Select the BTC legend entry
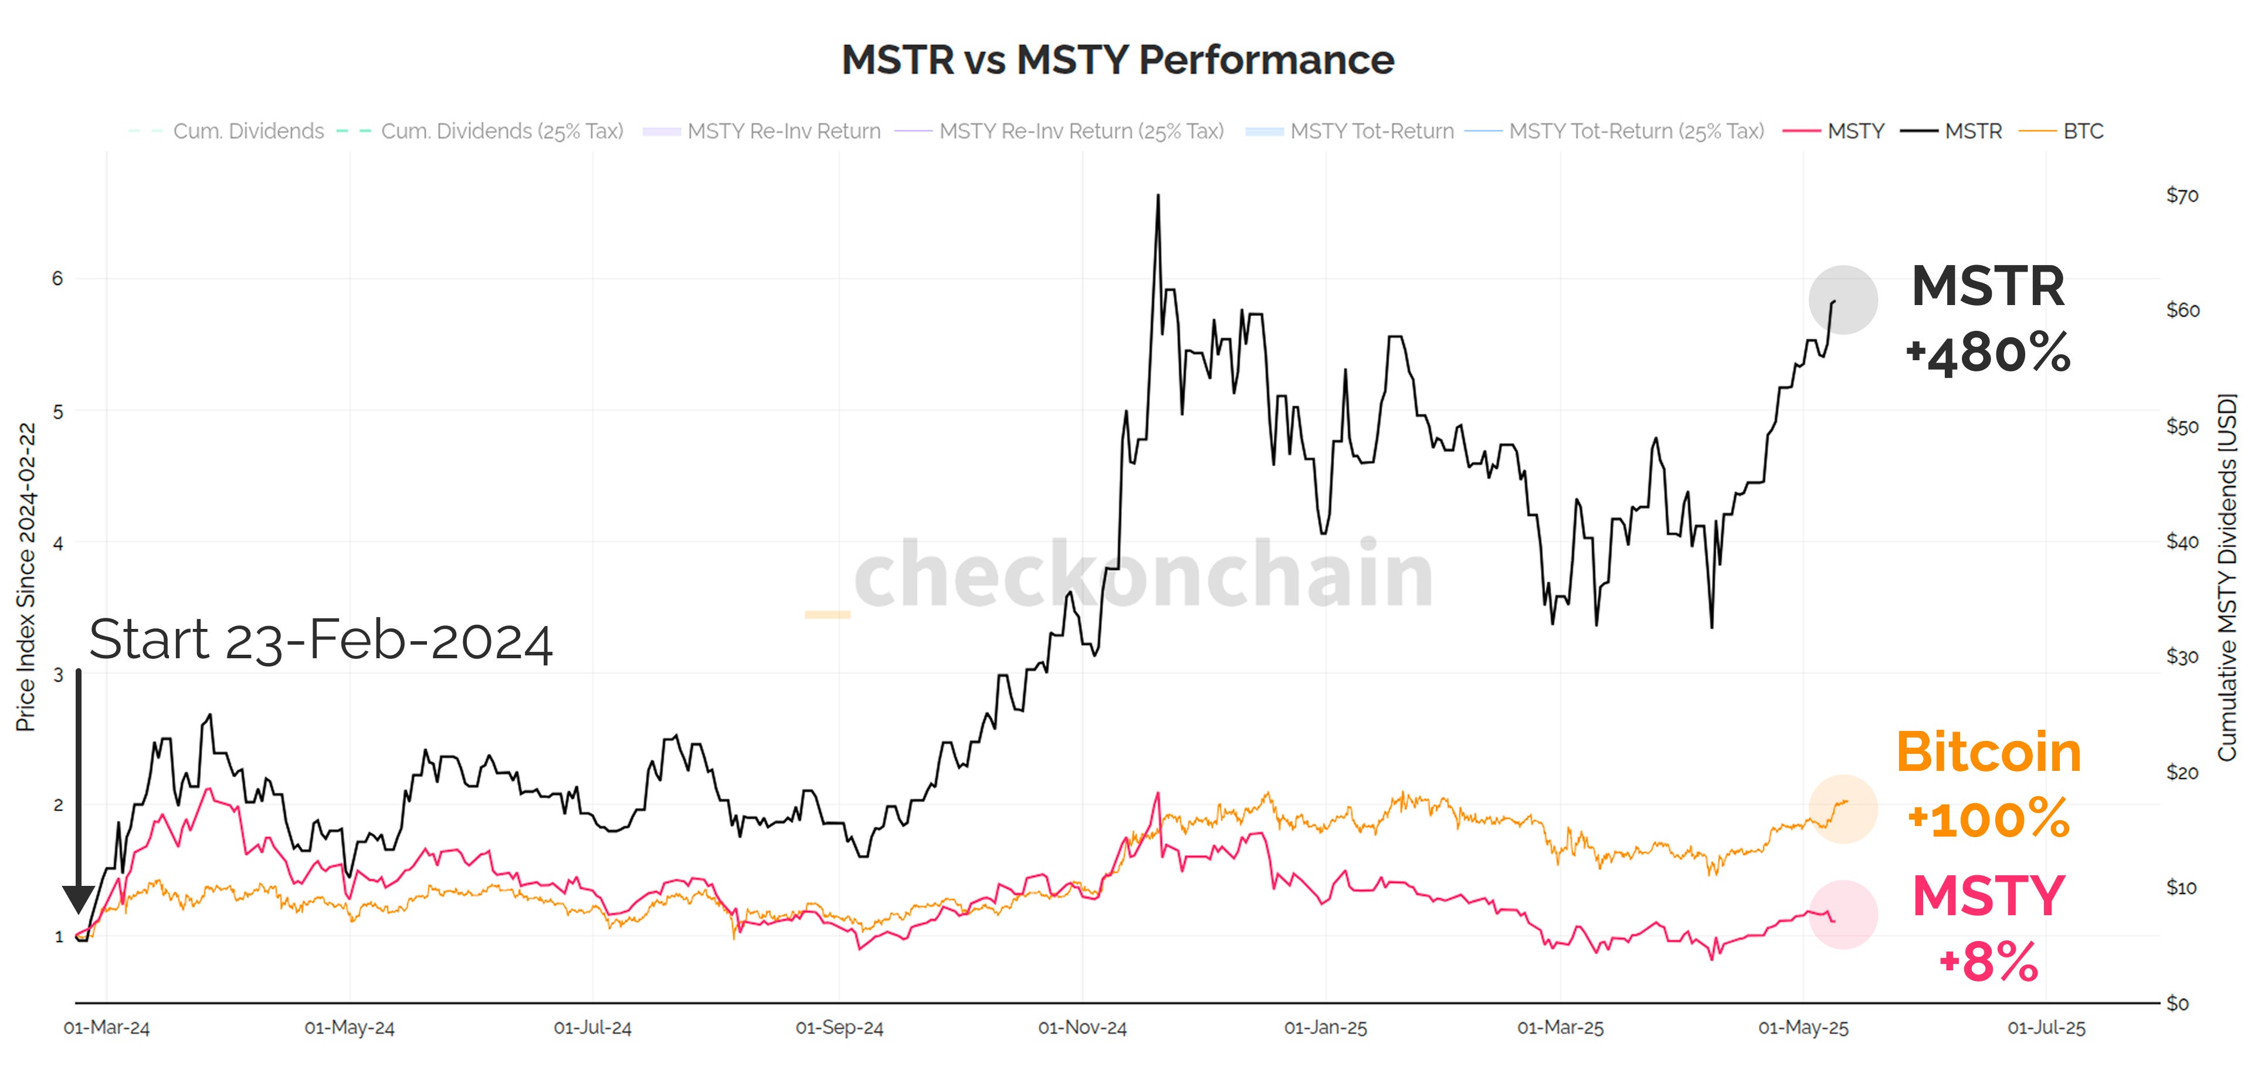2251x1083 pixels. (x=2082, y=131)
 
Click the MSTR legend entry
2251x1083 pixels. (x=1972, y=131)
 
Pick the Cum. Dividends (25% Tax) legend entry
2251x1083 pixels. (x=501, y=131)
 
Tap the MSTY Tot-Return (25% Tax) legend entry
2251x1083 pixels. (x=1636, y=131)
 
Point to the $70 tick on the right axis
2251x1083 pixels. (x=2182, y=195)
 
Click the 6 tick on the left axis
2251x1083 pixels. (x=57, y=278)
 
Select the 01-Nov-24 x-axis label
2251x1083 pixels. (x=1082, y=1028)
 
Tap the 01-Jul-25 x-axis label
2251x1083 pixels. (x=2046, y=1028)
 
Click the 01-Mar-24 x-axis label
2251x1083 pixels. (x=107, y=1028)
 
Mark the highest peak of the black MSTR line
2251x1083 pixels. (x=1159, y=196)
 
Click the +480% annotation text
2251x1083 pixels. (x=1988, y=354)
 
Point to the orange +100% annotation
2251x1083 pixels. (x=1988, y=819)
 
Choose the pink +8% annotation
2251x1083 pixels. (x=1988, y=962)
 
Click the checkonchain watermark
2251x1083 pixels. (x=1143, y=574)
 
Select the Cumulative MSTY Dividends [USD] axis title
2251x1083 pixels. (x=2228, y=577)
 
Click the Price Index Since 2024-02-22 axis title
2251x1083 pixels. (x=26, y=577)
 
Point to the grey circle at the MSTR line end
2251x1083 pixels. (x=1843, y=300)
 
